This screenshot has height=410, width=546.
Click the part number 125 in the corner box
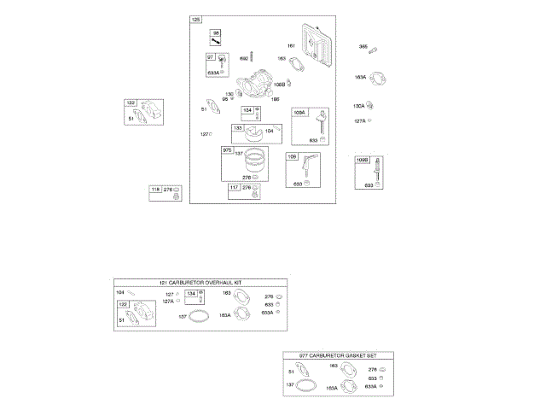point(196,19)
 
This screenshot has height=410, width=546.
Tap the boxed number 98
point(217,32)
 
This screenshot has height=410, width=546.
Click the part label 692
point(244,59)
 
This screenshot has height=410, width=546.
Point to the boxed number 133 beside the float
point(238,128)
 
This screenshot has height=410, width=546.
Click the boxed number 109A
point(299,112)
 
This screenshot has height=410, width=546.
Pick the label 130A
point(359,106)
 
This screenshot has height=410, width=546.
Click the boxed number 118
point(155,189)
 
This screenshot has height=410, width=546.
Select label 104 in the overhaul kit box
point(120,292)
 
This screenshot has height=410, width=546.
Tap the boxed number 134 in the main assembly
point(247,110)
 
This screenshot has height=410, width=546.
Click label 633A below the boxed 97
point(212,73)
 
